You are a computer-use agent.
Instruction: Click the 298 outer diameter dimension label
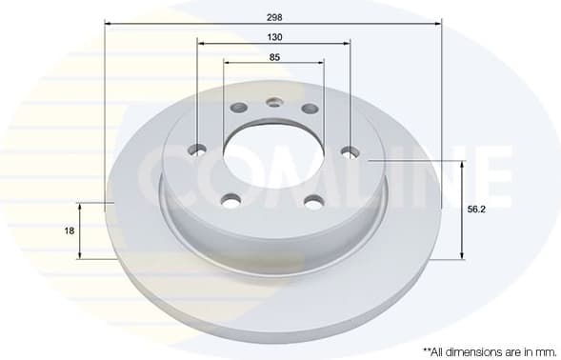coord(273,16)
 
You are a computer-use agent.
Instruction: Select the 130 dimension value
coord(274,37)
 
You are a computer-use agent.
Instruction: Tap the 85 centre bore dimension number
coord(274,57)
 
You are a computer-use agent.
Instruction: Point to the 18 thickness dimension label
coord(70,230)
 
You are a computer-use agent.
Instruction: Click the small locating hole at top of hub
coord(274,103)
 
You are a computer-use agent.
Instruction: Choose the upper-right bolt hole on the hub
coord(309,108)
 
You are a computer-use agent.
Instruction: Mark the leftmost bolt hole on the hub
coord(198,149)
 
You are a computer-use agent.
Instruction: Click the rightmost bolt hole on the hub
coord(350,150)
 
